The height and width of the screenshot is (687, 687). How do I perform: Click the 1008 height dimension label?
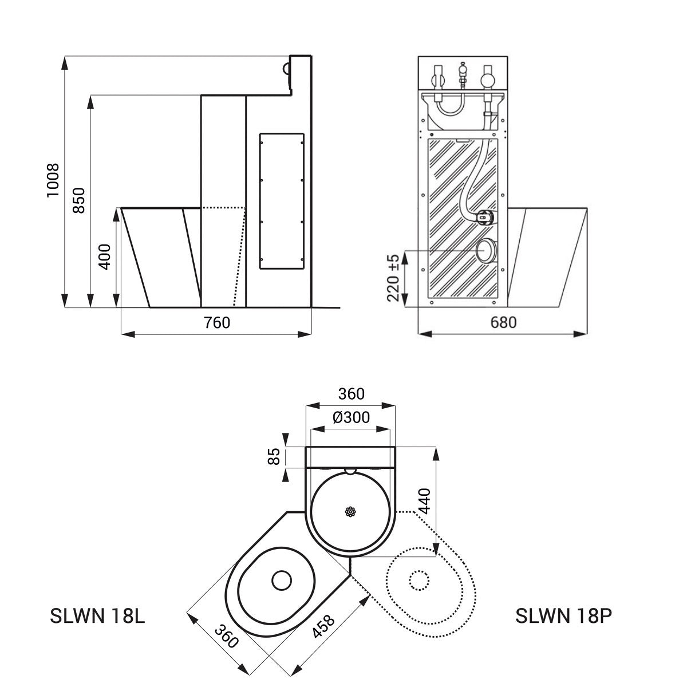(53, 180)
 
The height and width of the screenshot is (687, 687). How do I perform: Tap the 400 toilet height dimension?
(104, 257)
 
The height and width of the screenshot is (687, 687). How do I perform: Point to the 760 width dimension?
(217, 323)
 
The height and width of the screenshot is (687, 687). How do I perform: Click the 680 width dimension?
(503, 323)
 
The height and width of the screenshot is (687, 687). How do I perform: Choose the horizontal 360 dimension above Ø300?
(351, 394)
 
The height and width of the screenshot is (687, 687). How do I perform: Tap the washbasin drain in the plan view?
(350, 512)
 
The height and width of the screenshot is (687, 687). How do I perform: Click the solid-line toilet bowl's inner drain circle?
(282, 581)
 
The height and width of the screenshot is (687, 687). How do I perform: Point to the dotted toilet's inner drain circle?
(419, 581)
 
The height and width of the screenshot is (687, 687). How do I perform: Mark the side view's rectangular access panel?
(281, 200)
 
